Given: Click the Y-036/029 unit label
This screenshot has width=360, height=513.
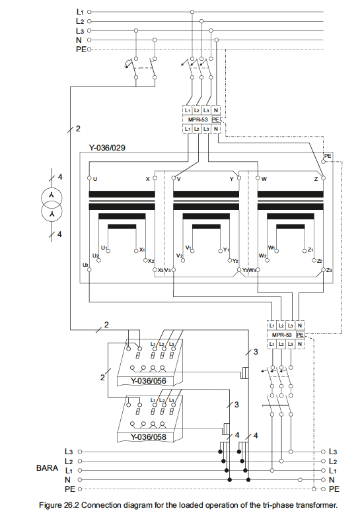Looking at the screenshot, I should [x=108, y=149].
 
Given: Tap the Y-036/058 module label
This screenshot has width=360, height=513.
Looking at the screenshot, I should [x=148, y=436].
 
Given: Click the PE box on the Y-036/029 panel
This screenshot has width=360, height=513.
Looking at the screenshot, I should [x=328, y=156].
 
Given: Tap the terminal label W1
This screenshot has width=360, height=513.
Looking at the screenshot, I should [x=271, y=248].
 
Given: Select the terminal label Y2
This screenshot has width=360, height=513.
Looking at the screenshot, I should [x=234, y=261].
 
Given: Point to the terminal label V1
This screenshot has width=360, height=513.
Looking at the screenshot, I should [x=189, y=248].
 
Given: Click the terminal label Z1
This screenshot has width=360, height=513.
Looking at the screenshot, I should [x=310, y=250].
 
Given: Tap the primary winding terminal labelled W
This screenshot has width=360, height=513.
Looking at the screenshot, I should [x=264, y=178].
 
